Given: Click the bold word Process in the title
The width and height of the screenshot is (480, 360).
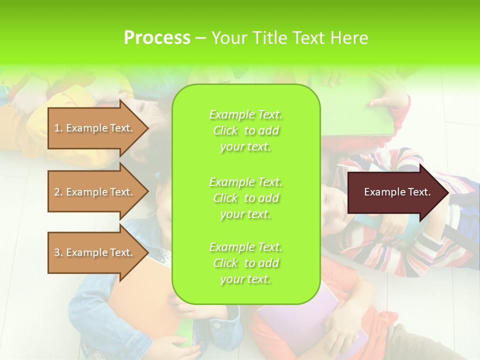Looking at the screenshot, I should (x=157, y=38).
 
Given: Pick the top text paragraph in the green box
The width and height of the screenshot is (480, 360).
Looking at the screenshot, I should (x=245, y=130).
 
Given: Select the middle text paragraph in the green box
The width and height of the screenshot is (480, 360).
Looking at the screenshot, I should (x=245, y=198).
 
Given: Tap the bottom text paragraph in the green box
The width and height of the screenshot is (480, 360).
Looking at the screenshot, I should (x=245, y=263).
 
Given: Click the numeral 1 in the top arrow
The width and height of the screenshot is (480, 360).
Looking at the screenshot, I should (x=57, y=128).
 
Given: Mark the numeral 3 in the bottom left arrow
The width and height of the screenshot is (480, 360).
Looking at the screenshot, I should (x=57, y=252).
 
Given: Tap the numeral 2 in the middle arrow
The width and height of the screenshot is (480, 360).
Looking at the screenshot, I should (x=57, y=192).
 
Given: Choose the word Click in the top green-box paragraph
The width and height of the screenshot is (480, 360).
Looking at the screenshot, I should (x=225, y=130).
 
